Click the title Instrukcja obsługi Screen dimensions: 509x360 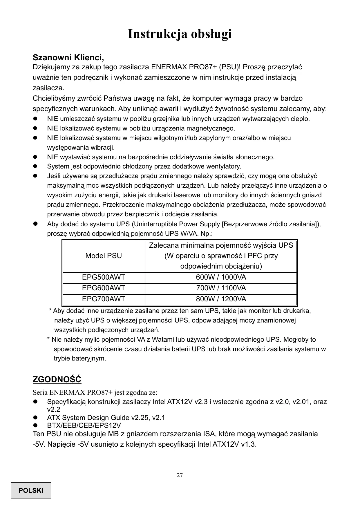[180, 34]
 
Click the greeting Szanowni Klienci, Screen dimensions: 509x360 [68, 57]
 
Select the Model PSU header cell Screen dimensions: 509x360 [104, 256]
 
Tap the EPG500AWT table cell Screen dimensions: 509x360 [104, 277]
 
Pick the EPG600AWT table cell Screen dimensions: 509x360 [104, 288]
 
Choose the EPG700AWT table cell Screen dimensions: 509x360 [104, 299]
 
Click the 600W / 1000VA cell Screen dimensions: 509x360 [221, 277]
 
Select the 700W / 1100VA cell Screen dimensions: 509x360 [221, 288]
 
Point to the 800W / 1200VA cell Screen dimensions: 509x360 [221, 299]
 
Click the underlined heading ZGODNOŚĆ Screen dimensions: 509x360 [57, 379]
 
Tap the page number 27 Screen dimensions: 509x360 [180, 475]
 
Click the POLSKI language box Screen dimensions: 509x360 [31, 490]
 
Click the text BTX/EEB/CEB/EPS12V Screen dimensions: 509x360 [84, 425]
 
